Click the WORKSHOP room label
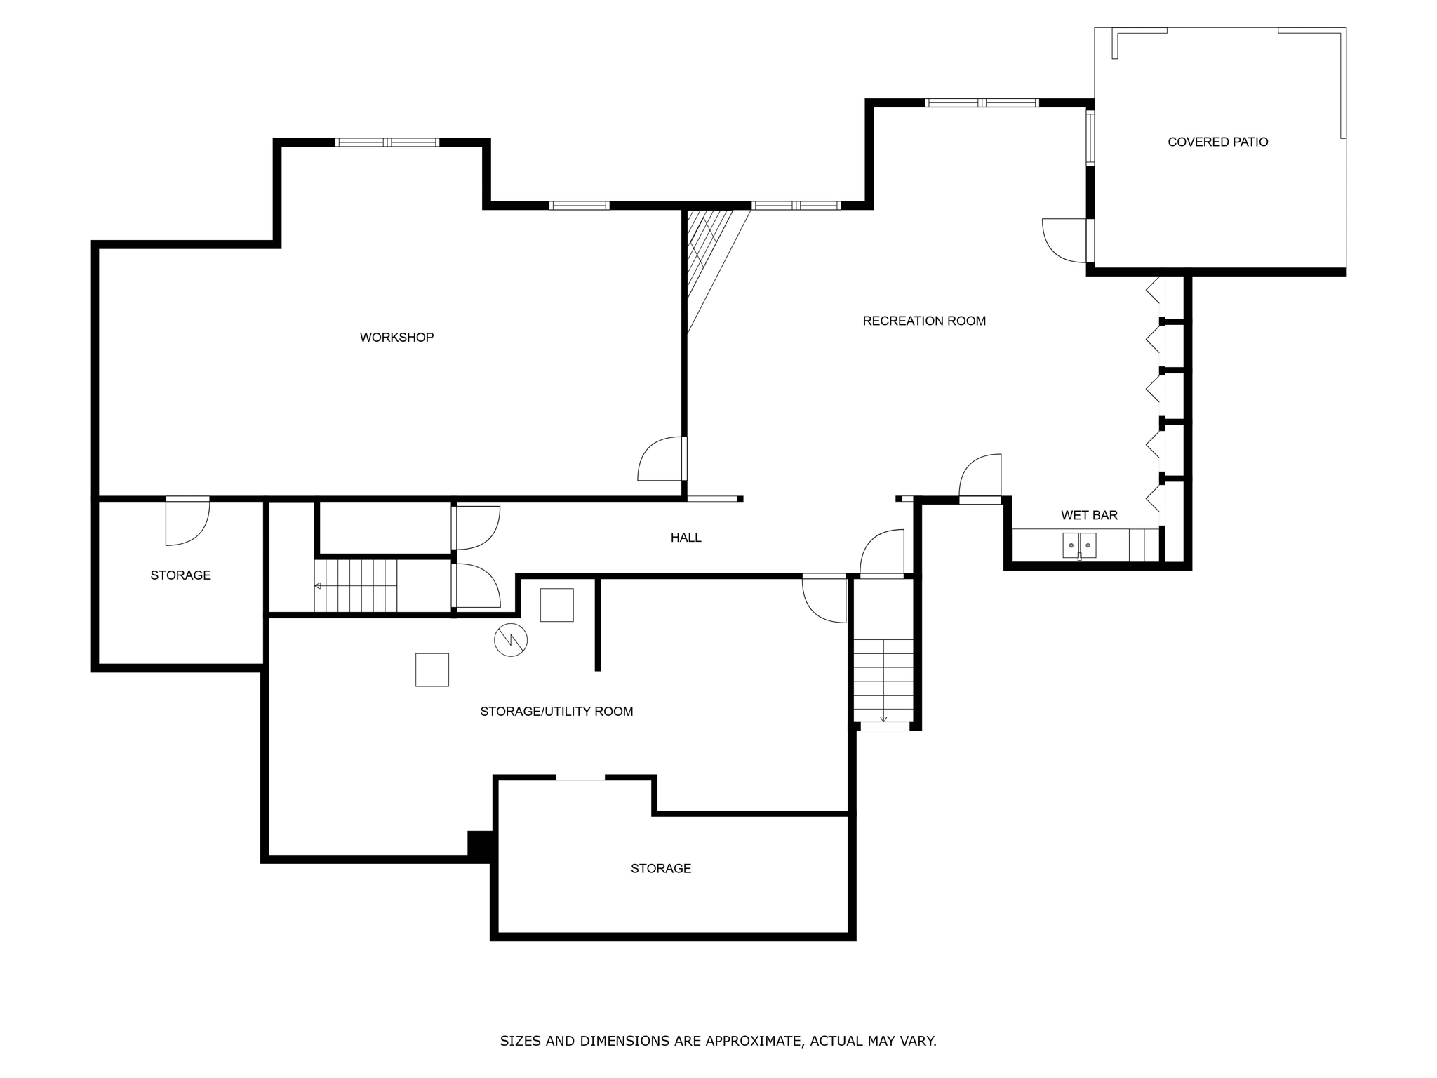tap(396, 338)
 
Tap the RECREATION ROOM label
tap(924, 321)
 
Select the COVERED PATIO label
tap(1218, 142)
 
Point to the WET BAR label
tap(1089, 515)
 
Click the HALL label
tap(686, 538)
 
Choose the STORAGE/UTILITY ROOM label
tap(556, 712)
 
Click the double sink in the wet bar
tap(1079, 545)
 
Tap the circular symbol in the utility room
tap(511, 639)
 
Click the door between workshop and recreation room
tap(662, 459)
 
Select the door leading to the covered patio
tap(1067, 241)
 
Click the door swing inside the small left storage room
tap(187, 521)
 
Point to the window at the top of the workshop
tap(387, 142)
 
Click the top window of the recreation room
tap(982, 102)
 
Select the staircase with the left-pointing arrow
tap(356, 585)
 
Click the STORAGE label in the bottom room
tap(661, 869)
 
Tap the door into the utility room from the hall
tap(824, 598)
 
